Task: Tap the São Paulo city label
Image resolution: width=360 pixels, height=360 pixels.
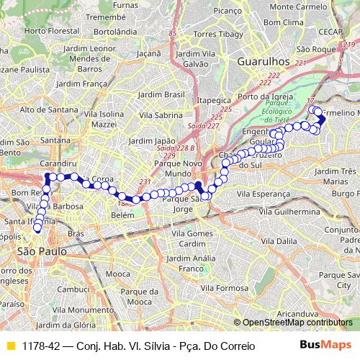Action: click(x=41, y=251)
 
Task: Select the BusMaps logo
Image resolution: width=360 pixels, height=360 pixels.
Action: click(x=325, y=346)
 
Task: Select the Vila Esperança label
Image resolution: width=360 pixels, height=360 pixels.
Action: click(x=287, y=194)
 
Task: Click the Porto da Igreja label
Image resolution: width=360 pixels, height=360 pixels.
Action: click(x=268, y=97)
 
